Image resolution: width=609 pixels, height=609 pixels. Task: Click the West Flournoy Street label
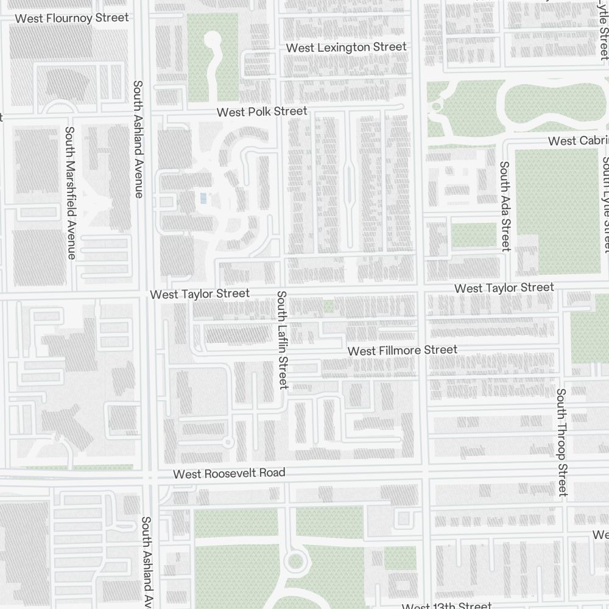[x=72, y=18]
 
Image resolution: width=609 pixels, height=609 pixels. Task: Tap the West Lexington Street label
[x=346, y=47]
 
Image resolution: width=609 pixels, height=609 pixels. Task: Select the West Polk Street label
[x=262, y=111]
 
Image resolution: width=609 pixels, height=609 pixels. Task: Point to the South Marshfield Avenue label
[x=71, y=193]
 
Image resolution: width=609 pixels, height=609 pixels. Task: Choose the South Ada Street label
[x=504, y=206]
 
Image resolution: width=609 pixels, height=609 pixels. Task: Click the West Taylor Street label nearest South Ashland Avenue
[x=200, y=294]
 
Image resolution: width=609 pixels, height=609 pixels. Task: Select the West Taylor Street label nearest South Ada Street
[x=504, y=287]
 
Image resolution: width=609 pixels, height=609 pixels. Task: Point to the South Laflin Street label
[x=282, y=340]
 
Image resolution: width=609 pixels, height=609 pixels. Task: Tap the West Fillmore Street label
[x=402, y=351]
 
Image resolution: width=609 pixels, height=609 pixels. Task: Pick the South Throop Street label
[x=562, y=443]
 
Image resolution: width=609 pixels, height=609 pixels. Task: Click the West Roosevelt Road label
[x=229, y=473]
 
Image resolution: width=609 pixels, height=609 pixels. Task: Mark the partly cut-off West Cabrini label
[x=577, y=141]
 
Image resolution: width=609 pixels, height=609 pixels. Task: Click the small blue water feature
[x=203, y=198]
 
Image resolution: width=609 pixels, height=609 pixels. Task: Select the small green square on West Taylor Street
[x=329, y=306]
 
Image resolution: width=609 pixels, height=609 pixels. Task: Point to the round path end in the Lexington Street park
[x=213, y=40]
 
